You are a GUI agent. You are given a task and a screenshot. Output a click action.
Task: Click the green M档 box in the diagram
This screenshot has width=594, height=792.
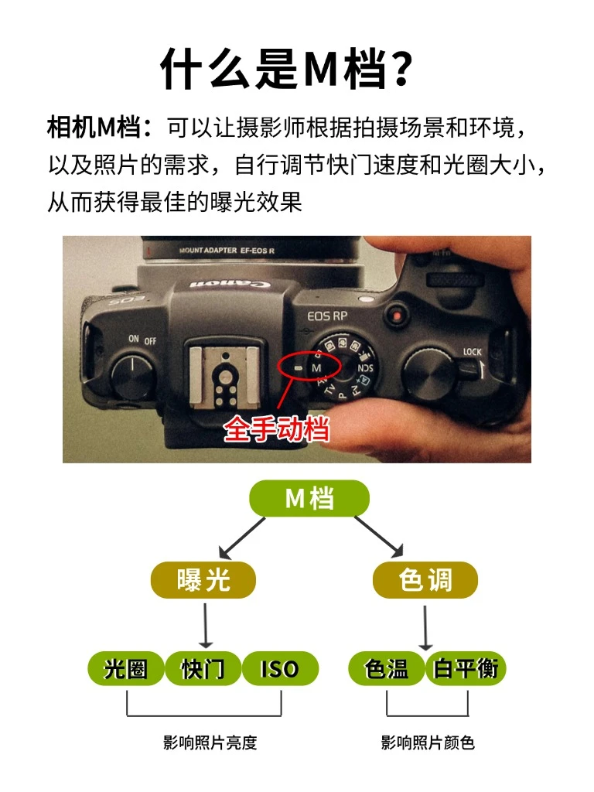coord(309,498)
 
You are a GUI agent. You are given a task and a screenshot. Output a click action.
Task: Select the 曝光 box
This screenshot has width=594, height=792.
coord(203,579)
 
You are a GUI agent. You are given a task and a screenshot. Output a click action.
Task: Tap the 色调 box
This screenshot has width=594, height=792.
coord(425,579)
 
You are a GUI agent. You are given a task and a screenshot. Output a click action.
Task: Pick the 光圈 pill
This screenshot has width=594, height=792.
coord(126,669)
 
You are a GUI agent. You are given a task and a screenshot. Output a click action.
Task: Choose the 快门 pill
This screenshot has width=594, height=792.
coord(203,669)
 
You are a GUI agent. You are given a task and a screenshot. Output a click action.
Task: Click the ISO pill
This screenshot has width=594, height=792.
coord(280,669)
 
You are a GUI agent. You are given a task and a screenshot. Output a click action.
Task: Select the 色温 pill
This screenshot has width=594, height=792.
coord(387,669)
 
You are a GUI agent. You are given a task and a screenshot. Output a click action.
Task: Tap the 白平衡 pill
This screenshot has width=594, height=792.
coord(466,669)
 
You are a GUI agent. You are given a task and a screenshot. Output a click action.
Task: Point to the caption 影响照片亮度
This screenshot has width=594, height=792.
coord(210,742)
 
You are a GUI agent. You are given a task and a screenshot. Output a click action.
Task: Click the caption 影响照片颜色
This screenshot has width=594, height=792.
coord(428,742)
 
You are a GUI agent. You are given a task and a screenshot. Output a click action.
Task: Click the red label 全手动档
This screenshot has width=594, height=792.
coord(276,429)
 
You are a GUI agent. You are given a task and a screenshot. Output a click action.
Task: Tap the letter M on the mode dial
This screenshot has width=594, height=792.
coord(316,367)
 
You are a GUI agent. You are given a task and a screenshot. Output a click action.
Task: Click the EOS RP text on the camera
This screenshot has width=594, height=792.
coord(327,316)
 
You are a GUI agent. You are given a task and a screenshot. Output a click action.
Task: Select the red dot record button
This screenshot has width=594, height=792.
coord(397,316)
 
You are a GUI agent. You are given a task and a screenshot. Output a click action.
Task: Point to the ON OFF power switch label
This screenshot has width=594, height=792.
coord(142,340)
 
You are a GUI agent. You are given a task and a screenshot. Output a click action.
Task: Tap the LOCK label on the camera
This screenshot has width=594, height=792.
coord(473,352)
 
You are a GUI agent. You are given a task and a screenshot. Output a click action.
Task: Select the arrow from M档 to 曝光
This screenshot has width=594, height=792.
coord(242,538)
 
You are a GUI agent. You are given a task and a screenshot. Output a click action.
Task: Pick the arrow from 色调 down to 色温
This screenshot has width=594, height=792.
coord(425,628)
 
